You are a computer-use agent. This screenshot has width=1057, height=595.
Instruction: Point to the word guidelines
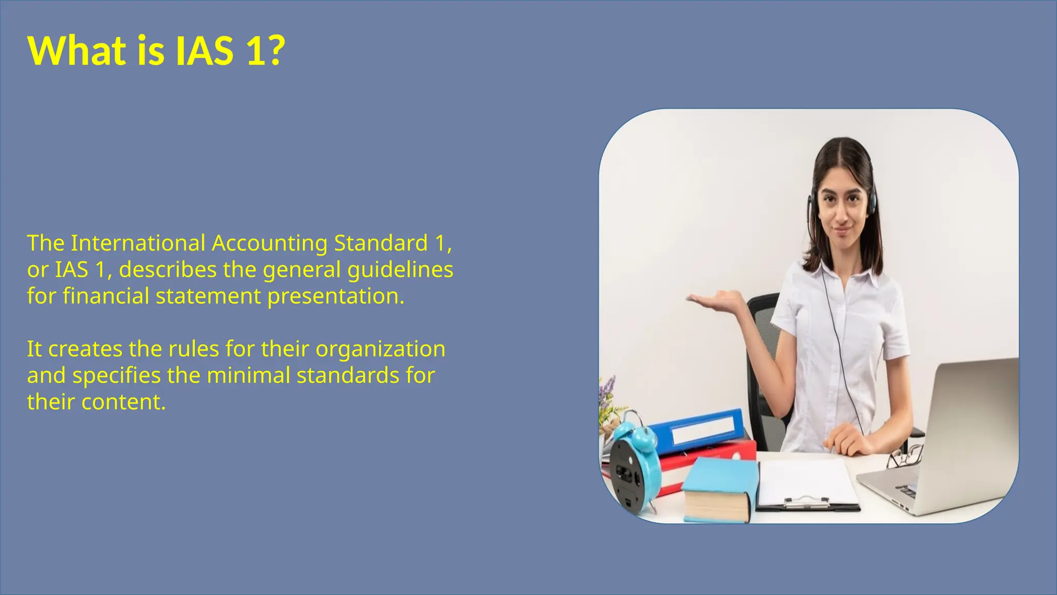[x=400, y=270]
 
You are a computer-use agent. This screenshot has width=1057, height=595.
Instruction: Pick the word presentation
[x=335, y=296]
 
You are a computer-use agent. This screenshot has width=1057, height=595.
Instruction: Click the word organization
[x=380, y=350]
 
